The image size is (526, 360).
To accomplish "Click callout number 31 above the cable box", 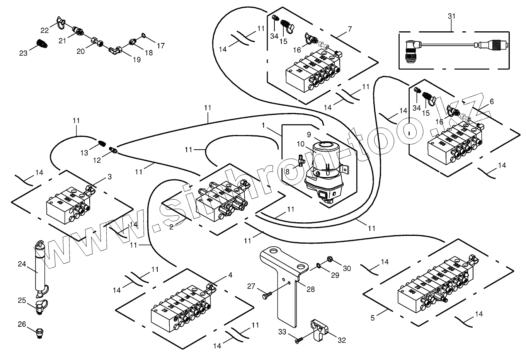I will [451, 16].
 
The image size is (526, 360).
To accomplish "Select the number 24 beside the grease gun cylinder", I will [22, 264].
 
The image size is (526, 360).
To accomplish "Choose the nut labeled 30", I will [330, 259].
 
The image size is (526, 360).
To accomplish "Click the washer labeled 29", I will [317, 266].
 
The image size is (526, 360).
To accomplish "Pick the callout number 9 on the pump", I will [309, 135].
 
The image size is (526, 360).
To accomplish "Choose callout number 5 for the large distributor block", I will [373, 318].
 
